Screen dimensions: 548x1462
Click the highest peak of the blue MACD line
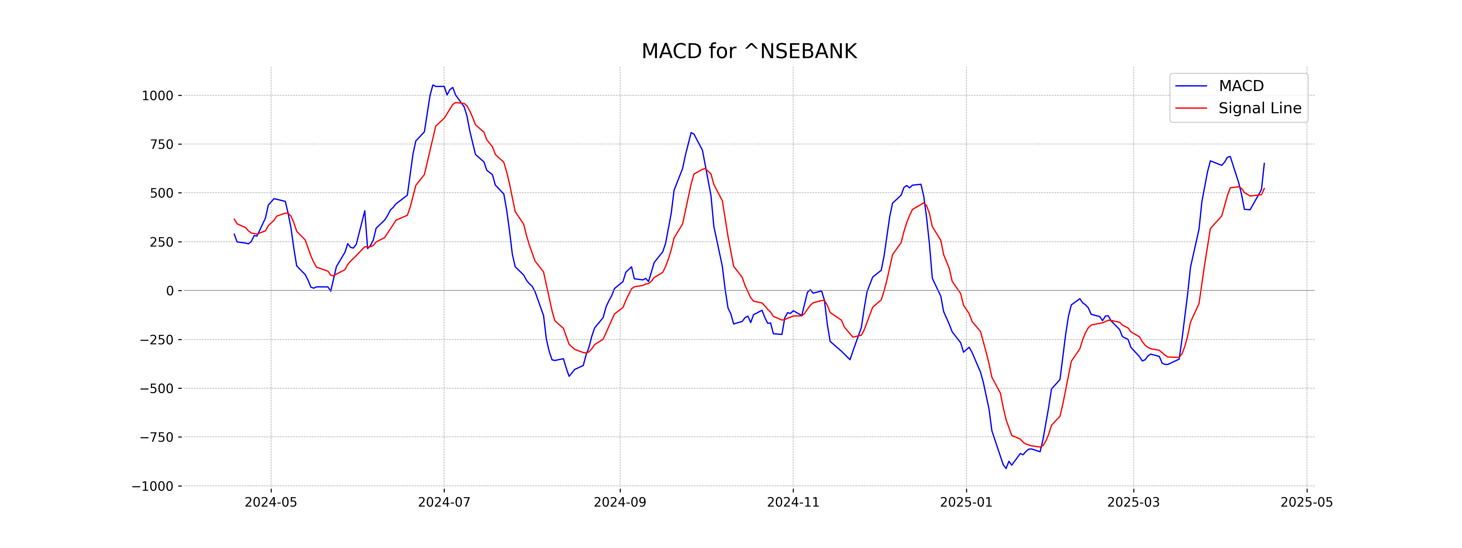pos(433,85)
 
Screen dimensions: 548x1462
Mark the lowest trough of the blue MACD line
pos(1006,468)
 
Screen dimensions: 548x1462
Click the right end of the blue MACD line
pos(1264,163)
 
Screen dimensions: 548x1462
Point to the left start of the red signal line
pos(234,219)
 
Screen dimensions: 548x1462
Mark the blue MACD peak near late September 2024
pos(691,133)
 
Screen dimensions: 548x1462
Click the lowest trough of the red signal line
pos(1040,447)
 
